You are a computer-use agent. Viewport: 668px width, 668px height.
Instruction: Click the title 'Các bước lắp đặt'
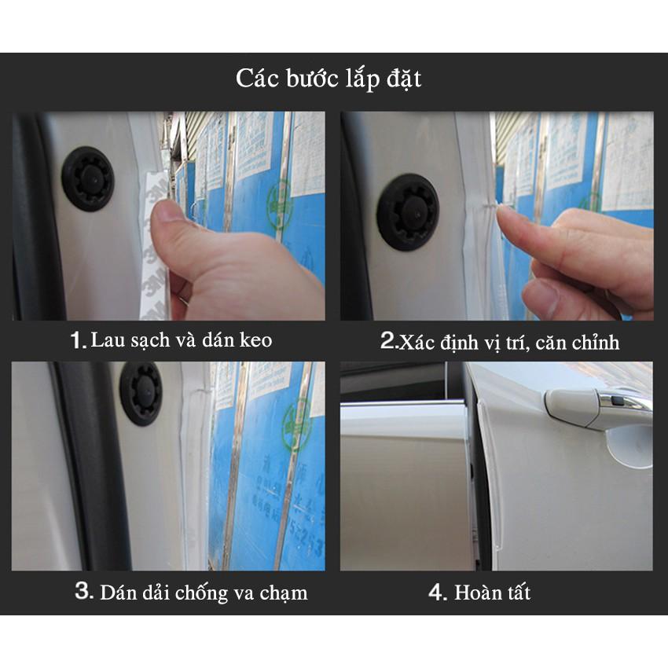(328, 79)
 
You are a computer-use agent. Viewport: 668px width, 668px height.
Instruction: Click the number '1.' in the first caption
(78, 340)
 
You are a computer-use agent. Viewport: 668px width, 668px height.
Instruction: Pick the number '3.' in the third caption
(84, 592)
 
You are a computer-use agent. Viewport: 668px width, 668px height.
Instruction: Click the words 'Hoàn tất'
(492, 592)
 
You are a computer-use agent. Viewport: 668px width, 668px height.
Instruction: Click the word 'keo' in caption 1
(255, 340)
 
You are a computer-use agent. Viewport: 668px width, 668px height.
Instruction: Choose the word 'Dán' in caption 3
(116, 592)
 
